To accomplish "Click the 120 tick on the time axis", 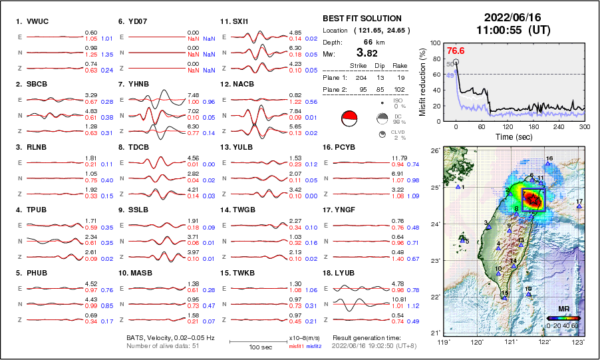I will [x=507, y=127].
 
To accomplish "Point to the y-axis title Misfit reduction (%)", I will [x=423, y=81].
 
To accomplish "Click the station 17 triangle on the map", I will [x=579, y=207].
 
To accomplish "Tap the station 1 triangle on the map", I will [x=458, y=187].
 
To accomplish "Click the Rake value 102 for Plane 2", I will [x=402, y=89].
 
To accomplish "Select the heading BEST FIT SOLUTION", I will [x=362, y=19].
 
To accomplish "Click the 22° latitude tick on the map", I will [x=435, y=297].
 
